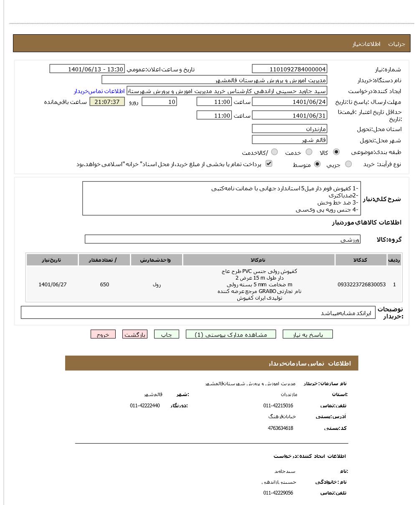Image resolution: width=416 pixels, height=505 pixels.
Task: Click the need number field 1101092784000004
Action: tap(289, 69)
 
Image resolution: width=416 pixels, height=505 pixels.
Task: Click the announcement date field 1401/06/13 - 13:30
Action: tap(87, 69)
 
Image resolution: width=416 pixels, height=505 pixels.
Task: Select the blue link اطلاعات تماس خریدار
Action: tap(99, 91)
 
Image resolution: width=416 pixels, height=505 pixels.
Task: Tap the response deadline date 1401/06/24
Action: tap(289, 101)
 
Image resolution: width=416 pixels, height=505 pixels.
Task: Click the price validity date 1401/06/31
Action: tap(289, 116)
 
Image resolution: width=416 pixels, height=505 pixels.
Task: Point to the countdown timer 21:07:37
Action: tap(107, 101)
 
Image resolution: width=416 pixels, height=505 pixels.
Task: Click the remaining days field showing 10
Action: tap(159, 101)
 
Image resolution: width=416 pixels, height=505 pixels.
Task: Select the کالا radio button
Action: tap(336, 152)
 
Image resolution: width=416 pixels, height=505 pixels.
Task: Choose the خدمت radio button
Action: tap(309, 152)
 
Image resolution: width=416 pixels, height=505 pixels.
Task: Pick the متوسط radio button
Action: tap(317, 164)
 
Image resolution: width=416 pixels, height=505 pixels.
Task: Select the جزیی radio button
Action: tap(348, 164)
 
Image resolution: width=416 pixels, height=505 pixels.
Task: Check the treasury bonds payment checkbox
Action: tap(269, 164)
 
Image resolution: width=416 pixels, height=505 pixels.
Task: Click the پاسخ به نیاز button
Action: tap(308, 334)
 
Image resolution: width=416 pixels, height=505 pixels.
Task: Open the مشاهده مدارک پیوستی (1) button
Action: tap(231, 334)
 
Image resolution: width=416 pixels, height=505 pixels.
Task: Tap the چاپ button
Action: tap(167, 334)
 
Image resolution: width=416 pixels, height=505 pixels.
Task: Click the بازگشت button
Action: tap(135, 334)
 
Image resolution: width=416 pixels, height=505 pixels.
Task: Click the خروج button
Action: tap(103, 334)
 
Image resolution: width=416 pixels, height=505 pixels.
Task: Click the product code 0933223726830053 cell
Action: tap(361, 285)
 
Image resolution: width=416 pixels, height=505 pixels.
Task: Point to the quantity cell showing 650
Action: tap(104, 285)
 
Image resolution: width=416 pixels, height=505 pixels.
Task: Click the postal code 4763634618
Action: tap(280, 428)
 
